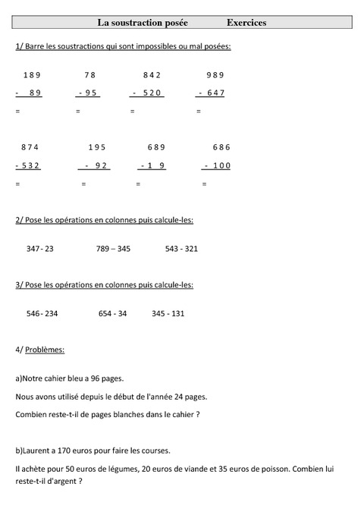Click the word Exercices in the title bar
[246, 23]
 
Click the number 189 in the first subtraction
[32, 74]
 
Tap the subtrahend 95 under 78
[90, 93]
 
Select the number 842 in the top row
[152, 74]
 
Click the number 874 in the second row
[30, 147]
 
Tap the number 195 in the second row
[97, 147]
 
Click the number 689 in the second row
[156, 147]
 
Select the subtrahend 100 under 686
[221, 165]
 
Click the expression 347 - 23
[39, 248]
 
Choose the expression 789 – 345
[113, 248]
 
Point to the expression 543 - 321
[181, 248]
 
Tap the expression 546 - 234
[42, 313]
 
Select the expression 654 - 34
[112, 313]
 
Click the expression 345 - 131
[168, 313]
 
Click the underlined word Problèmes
[45, 350]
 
